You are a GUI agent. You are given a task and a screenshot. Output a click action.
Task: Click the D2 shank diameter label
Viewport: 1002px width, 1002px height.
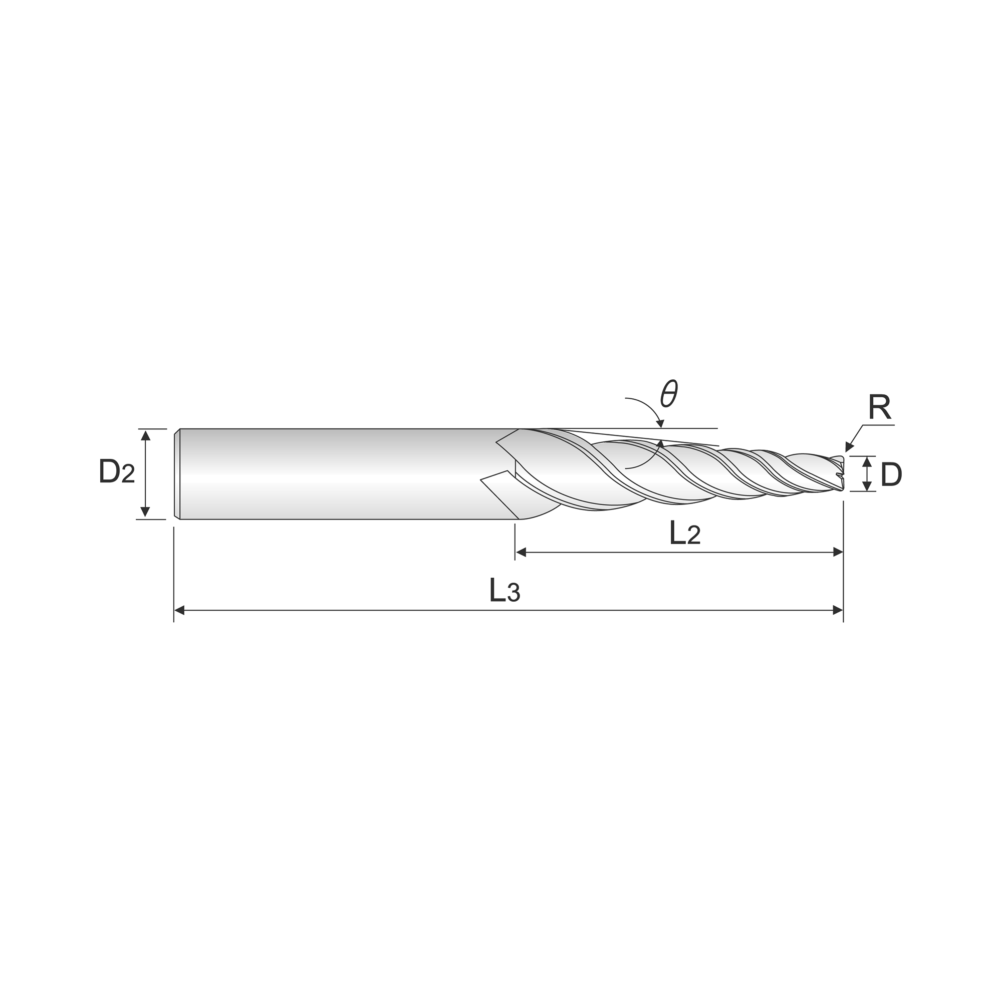coord(117,471)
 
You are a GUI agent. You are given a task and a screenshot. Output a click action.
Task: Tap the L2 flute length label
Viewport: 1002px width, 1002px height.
coord(685,533)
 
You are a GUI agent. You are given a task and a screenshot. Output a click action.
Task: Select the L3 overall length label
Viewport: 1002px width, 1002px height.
coord(505,590)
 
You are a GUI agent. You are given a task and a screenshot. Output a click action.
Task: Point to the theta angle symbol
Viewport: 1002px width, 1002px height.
coord(669,394)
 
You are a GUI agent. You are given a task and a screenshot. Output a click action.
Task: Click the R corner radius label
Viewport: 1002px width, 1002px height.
coord(880,407)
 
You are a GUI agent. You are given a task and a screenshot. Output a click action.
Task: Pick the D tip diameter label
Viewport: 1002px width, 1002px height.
coord(891,474)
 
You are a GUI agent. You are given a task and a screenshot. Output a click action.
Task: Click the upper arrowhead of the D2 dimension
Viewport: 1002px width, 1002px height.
coord(146,435)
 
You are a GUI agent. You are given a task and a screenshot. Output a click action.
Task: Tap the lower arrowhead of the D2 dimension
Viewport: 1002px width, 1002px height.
coord(146,512)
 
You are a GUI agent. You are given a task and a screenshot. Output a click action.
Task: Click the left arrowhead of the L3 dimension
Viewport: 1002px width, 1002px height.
coord(179,610)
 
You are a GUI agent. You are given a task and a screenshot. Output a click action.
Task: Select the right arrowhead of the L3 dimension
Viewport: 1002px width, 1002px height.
coord(838,610)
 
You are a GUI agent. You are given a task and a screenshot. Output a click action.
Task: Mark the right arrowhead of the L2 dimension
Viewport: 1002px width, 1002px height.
coord(838,552)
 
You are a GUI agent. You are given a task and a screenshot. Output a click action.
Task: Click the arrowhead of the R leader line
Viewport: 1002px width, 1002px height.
coord(849,446)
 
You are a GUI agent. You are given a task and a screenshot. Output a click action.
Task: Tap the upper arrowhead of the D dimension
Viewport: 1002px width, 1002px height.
coord(867,461)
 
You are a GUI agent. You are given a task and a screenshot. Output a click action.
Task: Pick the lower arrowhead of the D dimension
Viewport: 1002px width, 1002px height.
coord(867,486)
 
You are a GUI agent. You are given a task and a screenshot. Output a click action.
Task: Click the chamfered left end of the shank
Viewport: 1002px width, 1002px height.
coord(177,474)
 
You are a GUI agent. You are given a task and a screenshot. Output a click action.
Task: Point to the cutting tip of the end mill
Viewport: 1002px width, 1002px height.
coord(843,474)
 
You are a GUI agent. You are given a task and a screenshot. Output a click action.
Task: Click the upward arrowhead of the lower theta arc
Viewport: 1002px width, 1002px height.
coord(661,444)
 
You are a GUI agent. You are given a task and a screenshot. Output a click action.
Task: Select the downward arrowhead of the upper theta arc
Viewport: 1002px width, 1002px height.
coord(660,424)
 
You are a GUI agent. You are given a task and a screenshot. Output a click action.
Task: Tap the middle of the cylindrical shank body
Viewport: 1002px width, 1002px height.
coord(348,474)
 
